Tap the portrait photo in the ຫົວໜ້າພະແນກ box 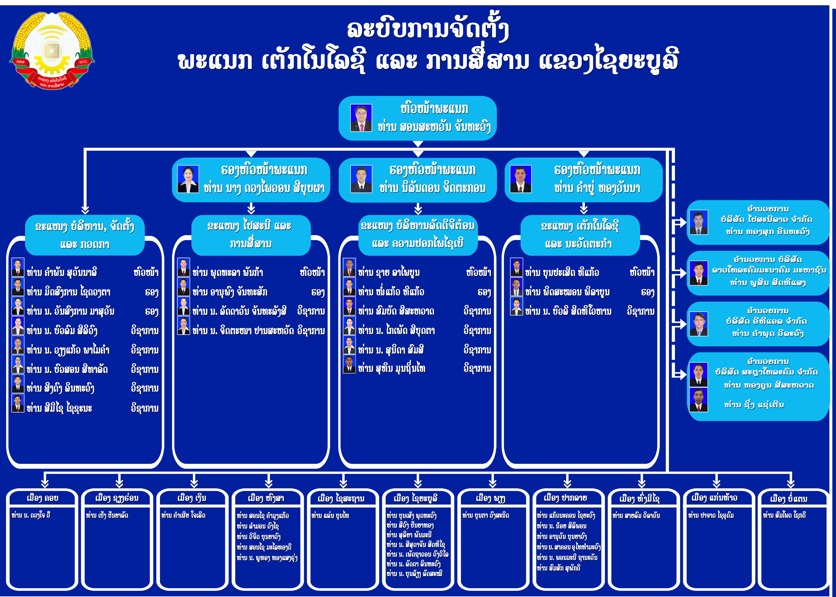(361, 118)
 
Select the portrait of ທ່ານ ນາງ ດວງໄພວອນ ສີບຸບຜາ (188, 179)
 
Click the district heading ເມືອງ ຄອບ (43, 498)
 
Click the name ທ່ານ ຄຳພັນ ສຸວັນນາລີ (62, 272)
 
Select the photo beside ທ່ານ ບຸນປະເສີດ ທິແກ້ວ (517, 267)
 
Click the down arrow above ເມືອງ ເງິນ (194, 480)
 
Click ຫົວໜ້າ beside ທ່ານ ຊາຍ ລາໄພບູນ (478, 272)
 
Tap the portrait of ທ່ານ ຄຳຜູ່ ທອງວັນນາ (521, 179)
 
